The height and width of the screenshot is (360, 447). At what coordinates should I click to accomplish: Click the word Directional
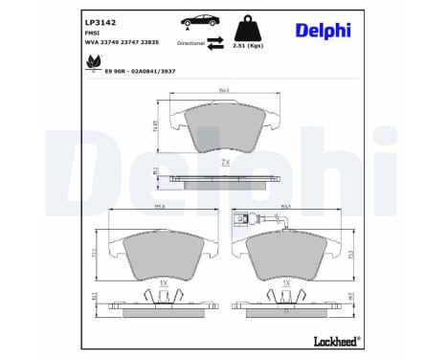(190, 44)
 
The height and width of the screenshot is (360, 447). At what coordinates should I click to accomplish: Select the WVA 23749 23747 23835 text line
(123, 43)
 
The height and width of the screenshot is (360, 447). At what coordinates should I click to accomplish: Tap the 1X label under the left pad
(163, 283)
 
